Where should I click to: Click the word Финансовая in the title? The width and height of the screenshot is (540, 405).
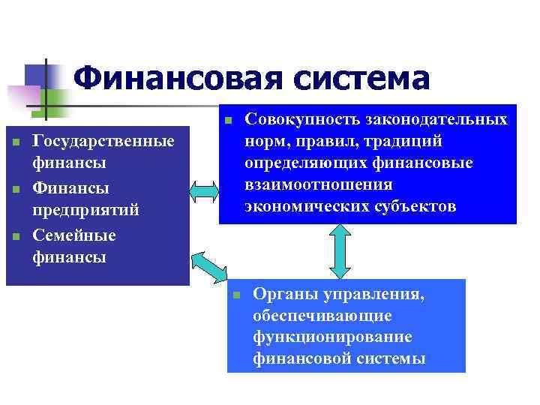178,79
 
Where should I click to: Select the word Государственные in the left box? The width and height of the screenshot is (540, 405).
104,141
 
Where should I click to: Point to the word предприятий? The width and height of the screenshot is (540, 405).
86,209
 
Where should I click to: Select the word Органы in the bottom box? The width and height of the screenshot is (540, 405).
281,295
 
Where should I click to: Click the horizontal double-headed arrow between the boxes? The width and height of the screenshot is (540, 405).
202,191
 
